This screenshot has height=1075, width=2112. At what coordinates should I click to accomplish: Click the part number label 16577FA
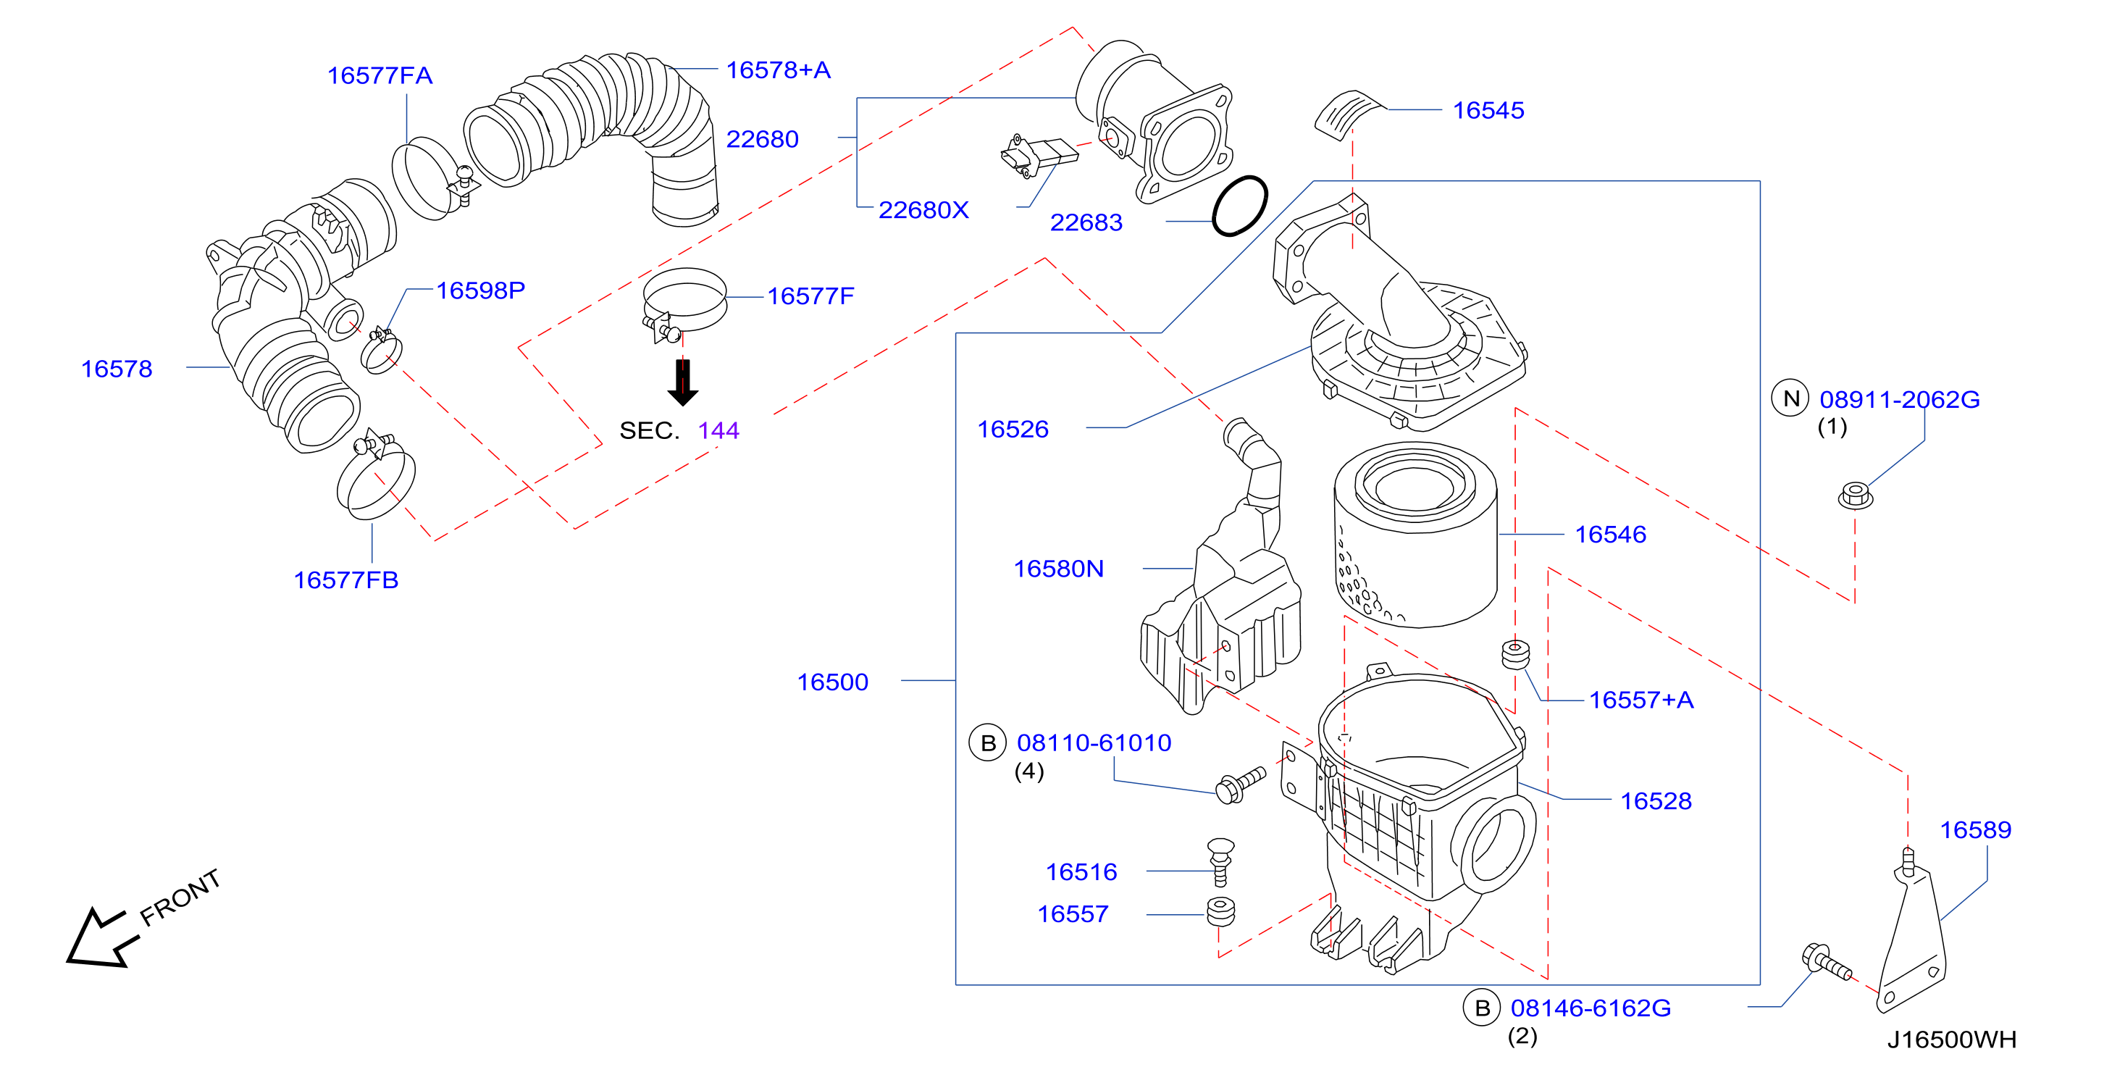click(380, 75)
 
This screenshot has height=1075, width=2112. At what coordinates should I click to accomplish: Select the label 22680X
click(923, 210)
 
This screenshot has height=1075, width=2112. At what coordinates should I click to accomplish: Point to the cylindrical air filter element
click(1415, 535)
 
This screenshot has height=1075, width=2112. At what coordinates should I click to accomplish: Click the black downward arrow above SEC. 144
click(682, 382)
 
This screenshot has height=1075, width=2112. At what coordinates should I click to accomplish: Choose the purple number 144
click(718, 430)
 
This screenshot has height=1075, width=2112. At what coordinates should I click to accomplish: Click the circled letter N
click(1790, 398)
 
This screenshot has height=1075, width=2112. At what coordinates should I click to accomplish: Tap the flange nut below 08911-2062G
click(1856, 495)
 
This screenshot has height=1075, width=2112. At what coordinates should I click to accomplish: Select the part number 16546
click(1610, 535)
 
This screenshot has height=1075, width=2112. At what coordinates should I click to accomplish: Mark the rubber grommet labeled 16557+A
click(1515, 653)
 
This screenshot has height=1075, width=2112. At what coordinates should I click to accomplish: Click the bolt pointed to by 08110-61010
click(1241, 785)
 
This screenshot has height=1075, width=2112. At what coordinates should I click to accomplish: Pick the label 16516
click(1081, 871)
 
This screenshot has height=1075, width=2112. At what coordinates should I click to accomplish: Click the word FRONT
click(180, 897)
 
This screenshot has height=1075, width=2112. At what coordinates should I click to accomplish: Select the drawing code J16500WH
click(1951, 1040)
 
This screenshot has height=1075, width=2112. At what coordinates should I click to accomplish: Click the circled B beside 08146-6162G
click(1483, 1008)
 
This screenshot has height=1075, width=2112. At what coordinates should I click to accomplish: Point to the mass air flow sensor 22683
click(1038, 155)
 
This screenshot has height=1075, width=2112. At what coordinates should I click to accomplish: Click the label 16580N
click(1058, 568)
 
